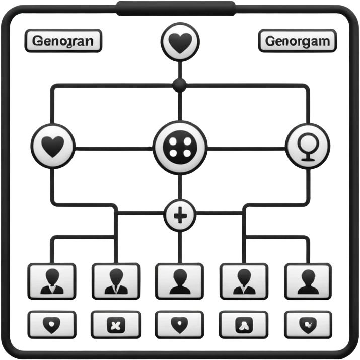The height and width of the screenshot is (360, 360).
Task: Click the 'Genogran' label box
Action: (x=62, y=41)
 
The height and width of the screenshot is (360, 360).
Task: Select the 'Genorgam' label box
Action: (x=297, y=41)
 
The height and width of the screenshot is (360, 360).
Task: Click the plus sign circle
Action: (x=180, y=217)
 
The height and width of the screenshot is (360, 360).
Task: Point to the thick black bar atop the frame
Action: (x=176, y=7)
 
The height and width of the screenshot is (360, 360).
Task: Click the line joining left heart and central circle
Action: (x=113, y=148)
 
